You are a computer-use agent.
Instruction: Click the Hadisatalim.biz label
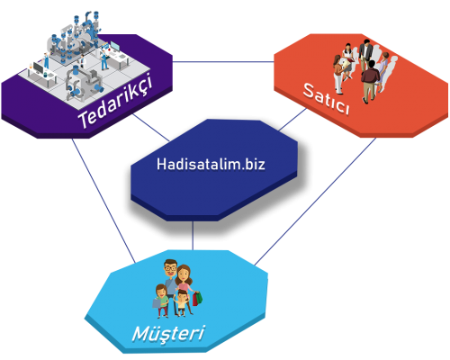(210, 165)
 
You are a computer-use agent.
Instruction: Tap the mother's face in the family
(184, 273)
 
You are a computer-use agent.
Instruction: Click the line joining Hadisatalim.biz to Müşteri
(193, 236)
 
